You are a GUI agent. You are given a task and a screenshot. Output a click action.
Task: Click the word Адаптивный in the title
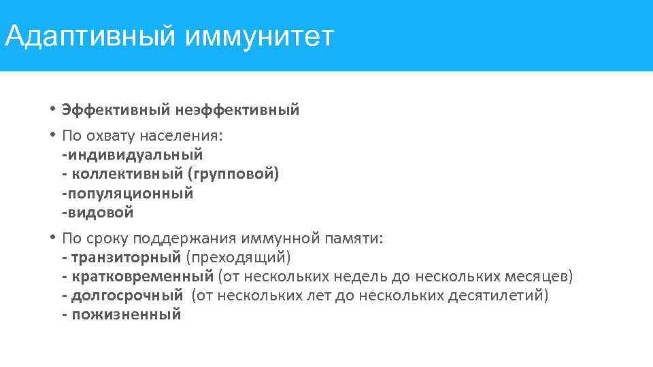click(x=89, y=37)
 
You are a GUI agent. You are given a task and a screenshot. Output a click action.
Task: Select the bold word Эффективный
click(x=116, y=110)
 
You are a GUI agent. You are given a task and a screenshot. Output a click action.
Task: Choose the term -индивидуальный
click(x=132, y=155)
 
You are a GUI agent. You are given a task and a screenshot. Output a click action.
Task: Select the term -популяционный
click(x=127, y=194)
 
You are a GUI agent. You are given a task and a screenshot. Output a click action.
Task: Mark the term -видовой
click(x=97, y=213)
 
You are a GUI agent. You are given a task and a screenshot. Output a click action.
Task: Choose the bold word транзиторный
click(x=126, y=258)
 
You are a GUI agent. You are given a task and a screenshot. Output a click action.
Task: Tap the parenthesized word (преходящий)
click(x=238, y=258)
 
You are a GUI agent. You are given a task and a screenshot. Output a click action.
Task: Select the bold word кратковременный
click(x=142, y=277)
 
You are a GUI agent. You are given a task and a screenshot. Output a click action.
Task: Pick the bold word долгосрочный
click(x=127, y=296)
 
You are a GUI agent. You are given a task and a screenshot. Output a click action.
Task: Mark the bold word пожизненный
click(x=126, y=315)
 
